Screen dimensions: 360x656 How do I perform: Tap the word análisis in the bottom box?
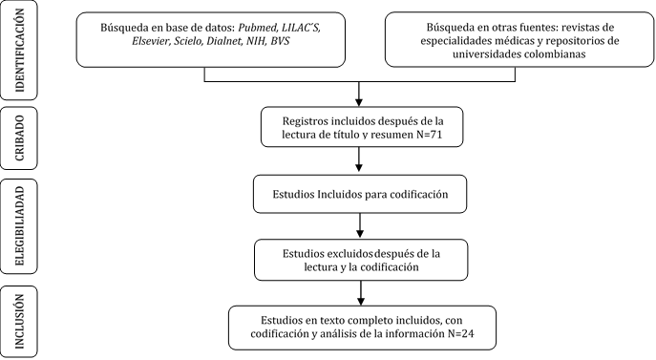(339, 333)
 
